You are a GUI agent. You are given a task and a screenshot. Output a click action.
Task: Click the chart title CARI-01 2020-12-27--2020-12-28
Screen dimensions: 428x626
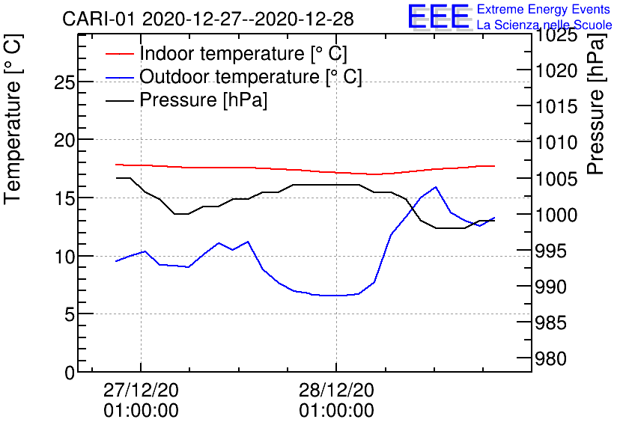coord(207,19)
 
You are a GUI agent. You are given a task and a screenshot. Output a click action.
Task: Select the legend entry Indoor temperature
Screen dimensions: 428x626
coord(243,54)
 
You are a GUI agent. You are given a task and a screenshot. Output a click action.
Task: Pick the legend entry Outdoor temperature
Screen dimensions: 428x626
coord(251,77)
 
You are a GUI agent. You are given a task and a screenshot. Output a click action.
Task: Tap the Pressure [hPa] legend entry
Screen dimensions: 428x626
coord(204,100)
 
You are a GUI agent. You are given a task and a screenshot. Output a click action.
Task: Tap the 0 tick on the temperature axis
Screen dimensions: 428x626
coord(70,372)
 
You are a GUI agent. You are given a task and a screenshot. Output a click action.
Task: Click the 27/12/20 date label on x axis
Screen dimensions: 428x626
coord(141,391)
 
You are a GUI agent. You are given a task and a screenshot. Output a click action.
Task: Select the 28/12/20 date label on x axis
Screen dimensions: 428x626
coord(336,391)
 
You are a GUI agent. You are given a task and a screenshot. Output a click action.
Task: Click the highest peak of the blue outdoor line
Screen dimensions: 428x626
coord(436,187)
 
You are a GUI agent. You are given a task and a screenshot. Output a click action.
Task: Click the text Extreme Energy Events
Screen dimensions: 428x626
coord(544,10)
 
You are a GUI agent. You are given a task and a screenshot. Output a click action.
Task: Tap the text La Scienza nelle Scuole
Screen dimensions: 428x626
coord(544,25)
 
